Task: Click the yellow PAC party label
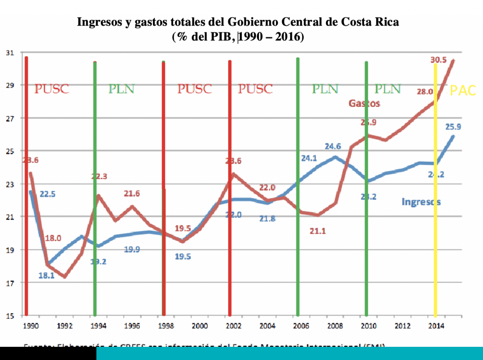point(463,90)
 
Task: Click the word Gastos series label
point(364,103)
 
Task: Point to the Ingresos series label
point(421,202)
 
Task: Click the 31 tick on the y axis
point(9,52)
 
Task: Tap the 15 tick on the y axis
point(9,315)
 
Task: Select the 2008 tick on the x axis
point(334,326)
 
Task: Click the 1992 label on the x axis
point(65,326)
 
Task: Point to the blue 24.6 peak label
point(333,147)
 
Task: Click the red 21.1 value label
point(317,231)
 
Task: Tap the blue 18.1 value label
point(46,276)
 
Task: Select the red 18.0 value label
point(53,238)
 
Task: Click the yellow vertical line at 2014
point(435,188)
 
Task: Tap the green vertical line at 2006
point(298,188)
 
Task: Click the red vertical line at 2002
point(230,188)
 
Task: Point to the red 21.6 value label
point(132,193)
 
